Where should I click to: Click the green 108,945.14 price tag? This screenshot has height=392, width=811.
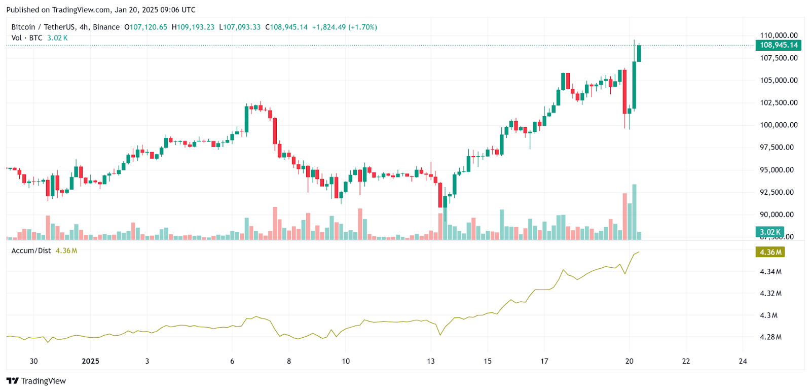click(779, 45)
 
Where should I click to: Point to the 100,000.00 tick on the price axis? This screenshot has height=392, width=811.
click(779, 125)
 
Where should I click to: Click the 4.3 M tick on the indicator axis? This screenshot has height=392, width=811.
click(768, 315)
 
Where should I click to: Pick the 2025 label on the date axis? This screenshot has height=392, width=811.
click(90, 361)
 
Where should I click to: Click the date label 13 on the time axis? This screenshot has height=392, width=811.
click(431, 361)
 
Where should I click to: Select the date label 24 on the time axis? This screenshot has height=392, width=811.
click(743, 361)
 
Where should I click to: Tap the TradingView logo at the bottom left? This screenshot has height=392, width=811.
click(36, 381)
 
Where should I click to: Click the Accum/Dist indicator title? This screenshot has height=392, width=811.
click(31, 251)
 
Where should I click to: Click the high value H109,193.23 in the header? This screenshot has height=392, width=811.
click(193, 27)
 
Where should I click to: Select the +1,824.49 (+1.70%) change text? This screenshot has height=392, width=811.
click(345, 27)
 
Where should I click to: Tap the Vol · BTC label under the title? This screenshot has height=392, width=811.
click(27, 38)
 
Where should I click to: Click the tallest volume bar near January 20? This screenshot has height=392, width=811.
click(634, 212)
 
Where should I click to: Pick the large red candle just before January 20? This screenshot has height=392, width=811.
click(625, 91)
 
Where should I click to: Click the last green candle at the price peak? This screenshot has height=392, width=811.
click(639, 53)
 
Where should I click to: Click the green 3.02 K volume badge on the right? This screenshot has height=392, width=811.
click(769, 232)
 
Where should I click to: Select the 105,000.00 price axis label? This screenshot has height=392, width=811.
click(779, 80)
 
